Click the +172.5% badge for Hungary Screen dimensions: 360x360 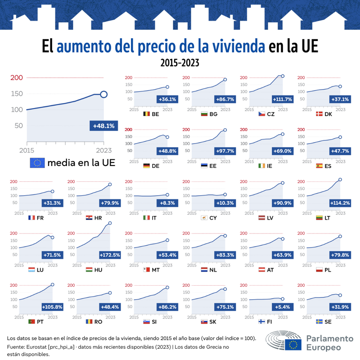[108, 255]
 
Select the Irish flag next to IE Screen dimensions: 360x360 [262, 166]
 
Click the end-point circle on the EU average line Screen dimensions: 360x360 [103, 94]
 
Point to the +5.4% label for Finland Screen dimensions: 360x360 [283, 307]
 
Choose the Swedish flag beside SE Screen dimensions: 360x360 [319, 321]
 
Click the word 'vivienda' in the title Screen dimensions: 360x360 [238, 46]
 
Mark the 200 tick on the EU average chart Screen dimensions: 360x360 [17, 78]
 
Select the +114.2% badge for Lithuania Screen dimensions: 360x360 [339, 203]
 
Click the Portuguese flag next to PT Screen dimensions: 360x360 [31, 321]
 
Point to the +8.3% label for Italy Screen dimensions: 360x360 [166, 203]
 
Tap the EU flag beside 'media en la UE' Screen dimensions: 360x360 [37, 163]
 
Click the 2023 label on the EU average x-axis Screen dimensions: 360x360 [103, 150]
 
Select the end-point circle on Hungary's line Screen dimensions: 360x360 [110, 223]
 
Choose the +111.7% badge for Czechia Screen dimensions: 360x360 [282, 99]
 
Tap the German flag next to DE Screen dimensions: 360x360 [147, 166]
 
